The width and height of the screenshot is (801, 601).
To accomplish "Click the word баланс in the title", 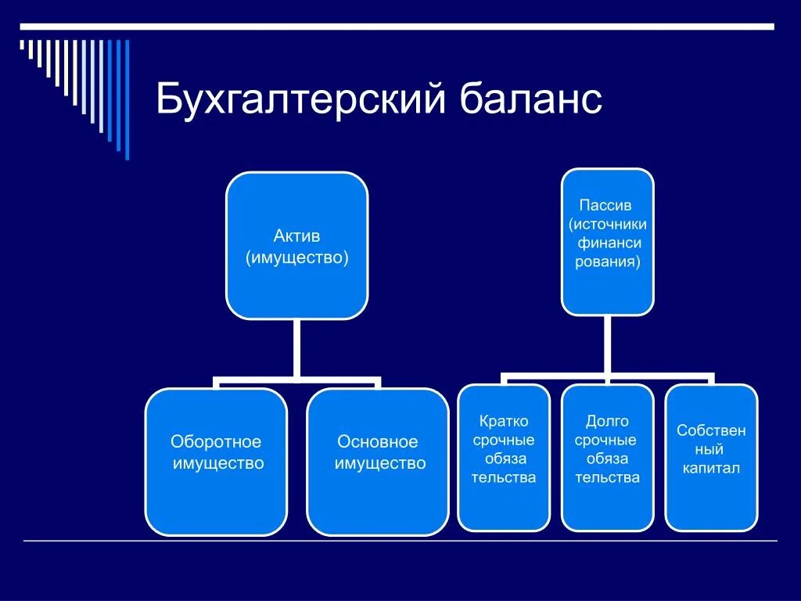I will [531, 102].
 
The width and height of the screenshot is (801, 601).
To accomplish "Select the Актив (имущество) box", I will [296, 246].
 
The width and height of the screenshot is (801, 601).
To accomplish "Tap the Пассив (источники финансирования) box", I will [607, 242].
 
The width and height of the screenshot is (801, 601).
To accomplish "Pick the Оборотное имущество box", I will [216, 462].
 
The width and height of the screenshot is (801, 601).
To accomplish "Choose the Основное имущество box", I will [378, 462].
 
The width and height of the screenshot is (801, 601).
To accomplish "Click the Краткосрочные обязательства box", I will [503, 458].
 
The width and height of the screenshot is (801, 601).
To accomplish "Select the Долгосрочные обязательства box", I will [607, 458].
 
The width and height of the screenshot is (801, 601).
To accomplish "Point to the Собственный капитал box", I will [711, 458].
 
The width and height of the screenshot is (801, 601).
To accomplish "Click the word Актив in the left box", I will [296, 236].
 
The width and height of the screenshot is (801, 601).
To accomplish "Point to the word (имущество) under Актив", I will [296, 257].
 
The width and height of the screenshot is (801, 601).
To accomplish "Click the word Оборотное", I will [216, 442].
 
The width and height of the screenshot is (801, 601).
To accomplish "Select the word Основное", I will [378, 442].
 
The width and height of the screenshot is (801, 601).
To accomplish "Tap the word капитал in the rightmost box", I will [711, 469].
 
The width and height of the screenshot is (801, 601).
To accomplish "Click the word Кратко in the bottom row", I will [503, 422].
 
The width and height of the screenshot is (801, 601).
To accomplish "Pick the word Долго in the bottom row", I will [607, 422].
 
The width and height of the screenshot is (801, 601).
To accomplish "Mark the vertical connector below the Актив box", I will [296, 349].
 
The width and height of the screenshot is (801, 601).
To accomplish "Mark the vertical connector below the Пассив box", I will [607, 344].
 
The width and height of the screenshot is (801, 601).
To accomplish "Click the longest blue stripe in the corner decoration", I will [127, 99].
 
